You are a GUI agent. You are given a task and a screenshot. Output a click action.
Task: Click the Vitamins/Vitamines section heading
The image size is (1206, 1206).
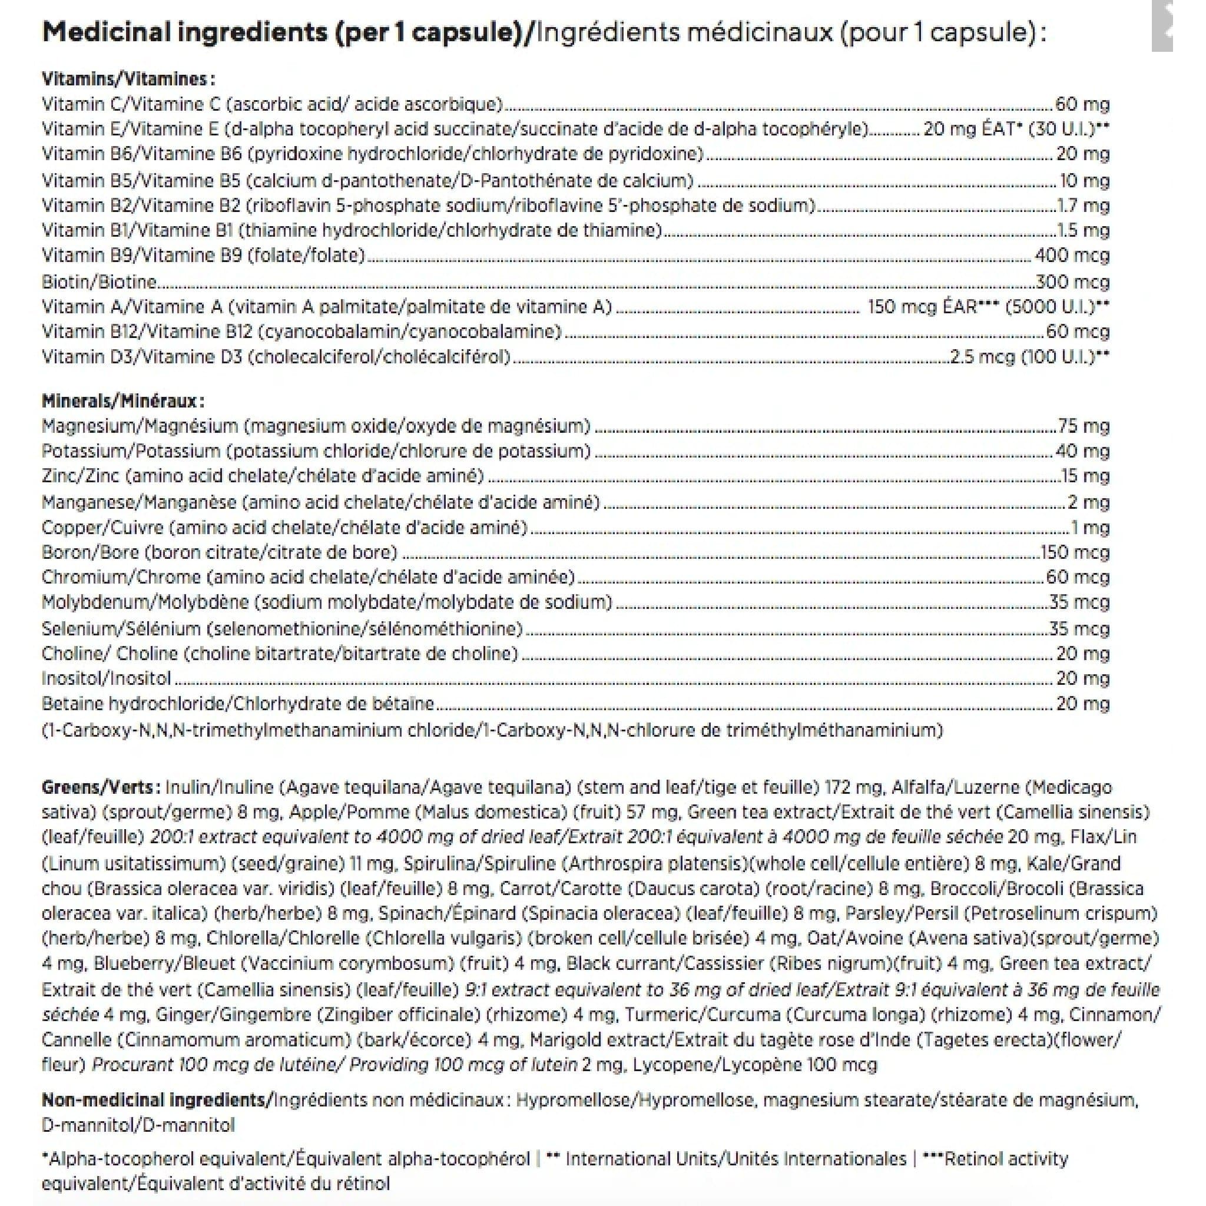pos(128,79)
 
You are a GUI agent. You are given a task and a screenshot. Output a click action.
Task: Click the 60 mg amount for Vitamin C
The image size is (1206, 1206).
pos(1082,104)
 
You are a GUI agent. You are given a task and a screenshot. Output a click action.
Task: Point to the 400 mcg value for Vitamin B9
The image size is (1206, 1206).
pos(1072,256)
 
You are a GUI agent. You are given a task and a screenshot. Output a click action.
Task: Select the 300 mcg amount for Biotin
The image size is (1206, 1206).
pos(1072,282)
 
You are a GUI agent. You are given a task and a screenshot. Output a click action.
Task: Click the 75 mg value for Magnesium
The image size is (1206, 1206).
pos(1084,426)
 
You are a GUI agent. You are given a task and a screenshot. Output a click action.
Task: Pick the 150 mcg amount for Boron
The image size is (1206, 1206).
pos(1074,552)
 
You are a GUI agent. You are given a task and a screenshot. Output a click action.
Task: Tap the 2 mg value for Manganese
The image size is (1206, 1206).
pos(1089,502)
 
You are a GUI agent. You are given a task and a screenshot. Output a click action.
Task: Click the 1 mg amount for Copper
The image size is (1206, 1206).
pos(1090,528)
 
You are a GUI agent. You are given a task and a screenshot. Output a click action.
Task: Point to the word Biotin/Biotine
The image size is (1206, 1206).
pos(98,282)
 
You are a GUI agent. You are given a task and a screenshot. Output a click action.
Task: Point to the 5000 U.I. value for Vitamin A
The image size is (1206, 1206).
pos(1054,306)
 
